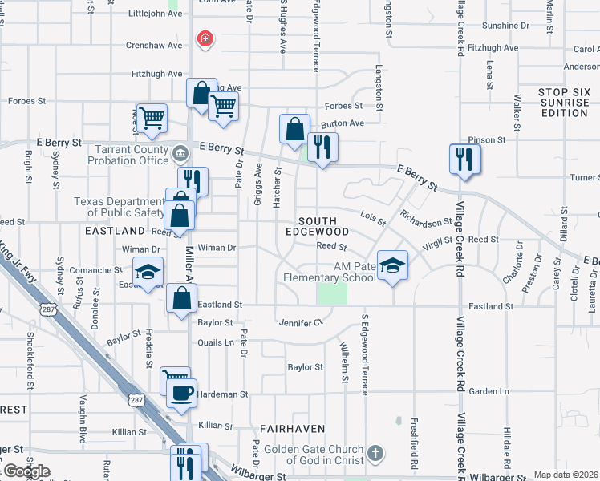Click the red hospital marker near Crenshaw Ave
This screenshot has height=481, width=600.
pos(205,38)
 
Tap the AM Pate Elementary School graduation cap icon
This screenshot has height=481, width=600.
pos(391,265)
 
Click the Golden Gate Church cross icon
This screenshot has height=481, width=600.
pos(375,455)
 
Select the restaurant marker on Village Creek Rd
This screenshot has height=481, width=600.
pos(464,159)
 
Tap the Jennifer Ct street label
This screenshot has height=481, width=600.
pos(300,323)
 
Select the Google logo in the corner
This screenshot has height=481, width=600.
pos(26,471)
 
